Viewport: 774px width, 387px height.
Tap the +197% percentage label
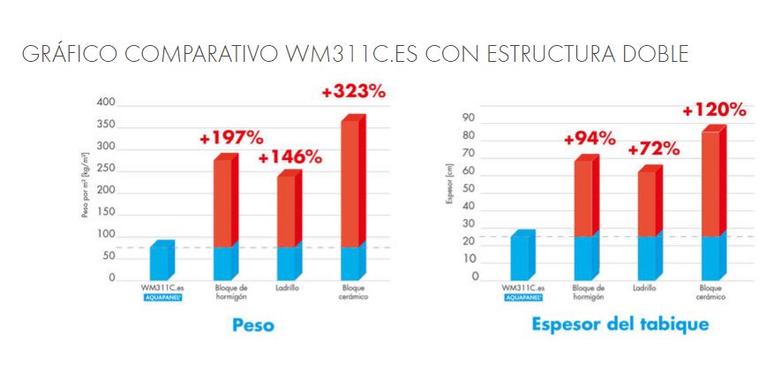point(231,138)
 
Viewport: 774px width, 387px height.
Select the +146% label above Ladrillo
point(289,157)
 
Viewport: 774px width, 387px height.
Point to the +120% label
point(715,110)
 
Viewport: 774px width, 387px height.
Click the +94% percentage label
point(590,138)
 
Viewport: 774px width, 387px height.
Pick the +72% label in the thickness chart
point(653,148)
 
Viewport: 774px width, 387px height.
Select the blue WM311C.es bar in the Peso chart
point(161,261)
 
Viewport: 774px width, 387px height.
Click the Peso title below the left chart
point(252,325)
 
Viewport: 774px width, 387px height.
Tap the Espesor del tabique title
point(620,324)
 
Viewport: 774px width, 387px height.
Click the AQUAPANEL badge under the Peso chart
point(162,298)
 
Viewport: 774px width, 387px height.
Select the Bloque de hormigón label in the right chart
point(588,292)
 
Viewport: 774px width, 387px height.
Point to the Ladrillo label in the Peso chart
point(287,288)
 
